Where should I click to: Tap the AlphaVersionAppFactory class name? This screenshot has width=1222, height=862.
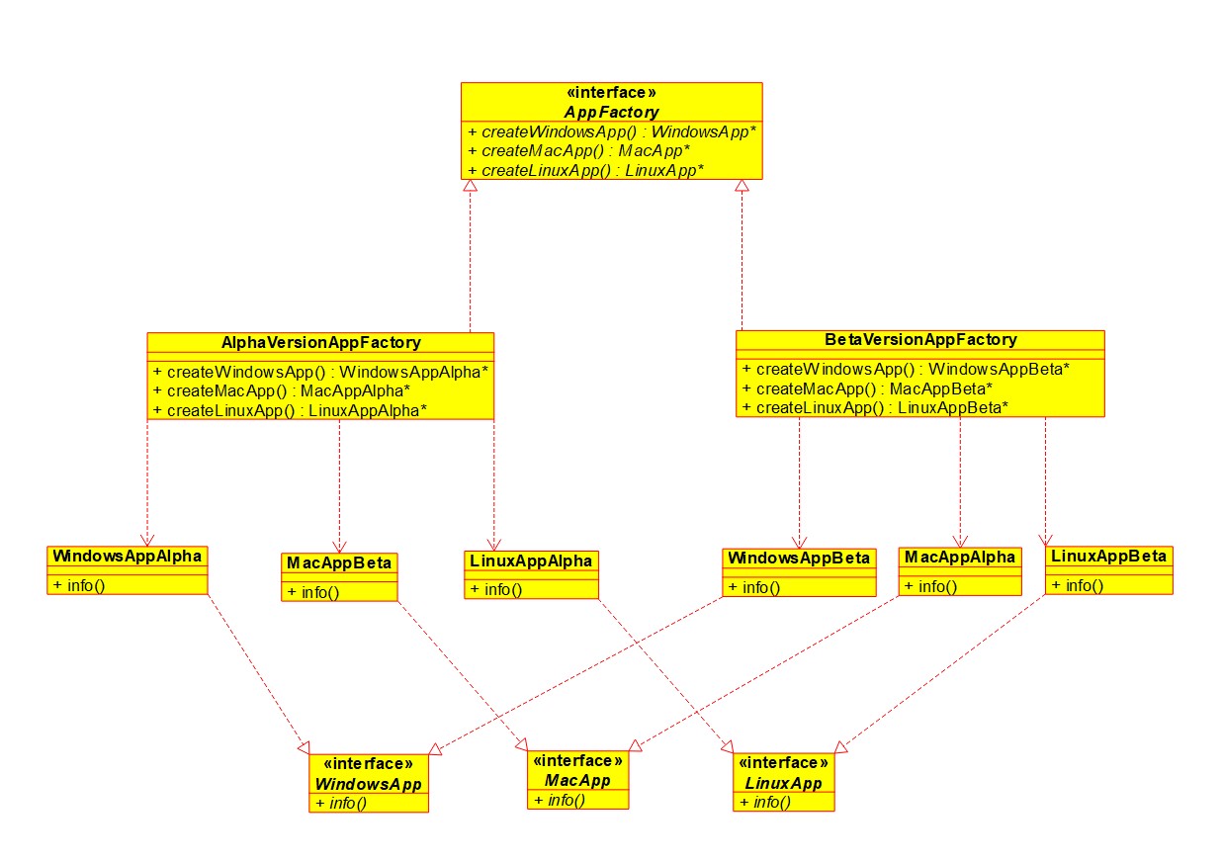click(321, 342)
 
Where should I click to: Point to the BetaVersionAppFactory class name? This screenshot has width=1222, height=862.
click(920, 339)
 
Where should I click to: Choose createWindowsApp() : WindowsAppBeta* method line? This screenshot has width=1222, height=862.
click(905, 368)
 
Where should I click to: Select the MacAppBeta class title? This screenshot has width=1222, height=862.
click(339, 562)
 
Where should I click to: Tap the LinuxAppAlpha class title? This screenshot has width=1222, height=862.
click(530, 561)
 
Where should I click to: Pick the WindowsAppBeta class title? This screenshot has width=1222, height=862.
click(799, 558)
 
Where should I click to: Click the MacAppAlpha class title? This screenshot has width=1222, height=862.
click(960, 557)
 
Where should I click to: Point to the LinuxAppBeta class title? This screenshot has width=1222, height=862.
click(1108, 556)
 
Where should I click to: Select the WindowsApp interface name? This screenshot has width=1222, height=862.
click(369, 783)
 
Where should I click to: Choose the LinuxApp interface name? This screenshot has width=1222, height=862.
click(783, 783)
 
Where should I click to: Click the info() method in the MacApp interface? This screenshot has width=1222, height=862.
click(567, 800)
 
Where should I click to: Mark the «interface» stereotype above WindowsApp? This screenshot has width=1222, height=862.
click(369, 764)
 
